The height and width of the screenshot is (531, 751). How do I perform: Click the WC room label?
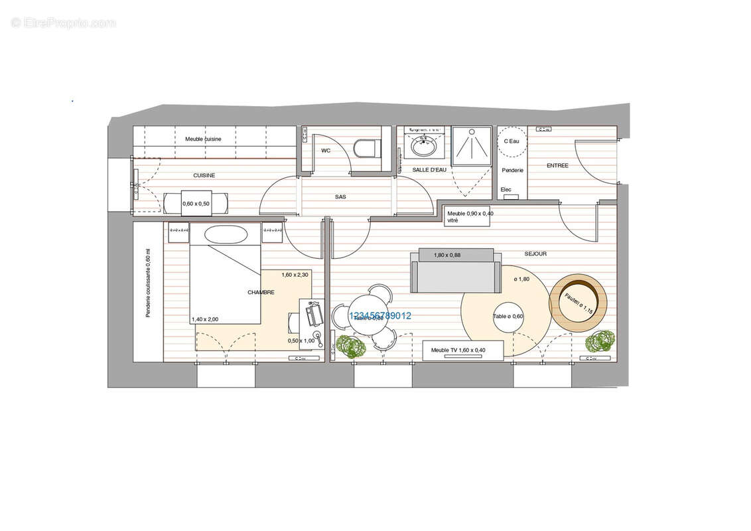(326, 151)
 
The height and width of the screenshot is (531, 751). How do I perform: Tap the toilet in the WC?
(366, 148)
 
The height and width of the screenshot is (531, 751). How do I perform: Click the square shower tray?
(472, 146)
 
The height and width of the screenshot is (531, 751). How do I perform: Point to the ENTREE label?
(557, 165)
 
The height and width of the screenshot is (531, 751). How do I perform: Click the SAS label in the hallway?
(340, 196)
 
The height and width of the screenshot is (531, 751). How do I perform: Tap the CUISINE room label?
(204, 175)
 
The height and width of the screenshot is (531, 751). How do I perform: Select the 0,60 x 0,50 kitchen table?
(196, 203)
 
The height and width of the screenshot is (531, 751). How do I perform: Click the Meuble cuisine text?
(203, 139)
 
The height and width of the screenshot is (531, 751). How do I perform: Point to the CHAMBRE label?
(261, 292)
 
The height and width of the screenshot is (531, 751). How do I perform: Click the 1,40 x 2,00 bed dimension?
(205, 319)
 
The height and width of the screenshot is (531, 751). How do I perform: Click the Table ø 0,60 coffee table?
(508, 317)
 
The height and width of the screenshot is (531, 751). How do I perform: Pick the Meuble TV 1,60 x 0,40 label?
(458, 350)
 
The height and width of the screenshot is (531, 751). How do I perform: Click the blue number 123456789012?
(379, 316)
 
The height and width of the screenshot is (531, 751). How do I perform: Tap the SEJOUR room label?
(535, 254)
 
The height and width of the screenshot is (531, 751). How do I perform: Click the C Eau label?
(512, 141)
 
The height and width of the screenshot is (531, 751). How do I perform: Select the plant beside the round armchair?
(599, 341)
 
